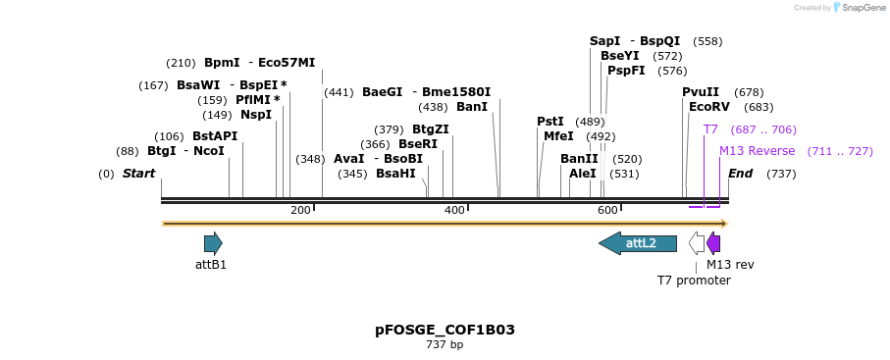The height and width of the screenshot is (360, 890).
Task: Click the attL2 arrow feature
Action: tap(639, 243)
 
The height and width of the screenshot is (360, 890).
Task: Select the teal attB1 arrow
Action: tap(213, 243)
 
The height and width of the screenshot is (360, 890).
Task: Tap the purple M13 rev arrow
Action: tap(714, 243)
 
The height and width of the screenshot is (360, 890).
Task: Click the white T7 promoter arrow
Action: tap(697, 243)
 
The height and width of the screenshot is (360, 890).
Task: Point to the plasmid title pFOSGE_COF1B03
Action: tap(445, 330)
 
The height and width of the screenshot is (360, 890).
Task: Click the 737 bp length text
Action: tap(445, 345)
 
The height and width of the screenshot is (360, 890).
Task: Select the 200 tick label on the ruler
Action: tap(300, 210)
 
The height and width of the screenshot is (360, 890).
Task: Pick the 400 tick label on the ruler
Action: tap(454, 210)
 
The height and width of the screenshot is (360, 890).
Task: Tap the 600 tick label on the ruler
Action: tap(607, 210)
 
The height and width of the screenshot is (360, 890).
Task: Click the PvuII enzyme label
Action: tap(701, 92)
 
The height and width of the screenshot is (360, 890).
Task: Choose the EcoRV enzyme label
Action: tap(709, 107)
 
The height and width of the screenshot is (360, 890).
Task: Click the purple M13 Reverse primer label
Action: tap(757, 151)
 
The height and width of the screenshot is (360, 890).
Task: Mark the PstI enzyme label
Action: tap(550, 122)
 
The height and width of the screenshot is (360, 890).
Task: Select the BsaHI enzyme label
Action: tap(395, 174)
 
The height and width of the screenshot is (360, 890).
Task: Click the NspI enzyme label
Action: tap(256, 115)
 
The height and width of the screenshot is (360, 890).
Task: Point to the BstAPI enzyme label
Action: tap(215, 136)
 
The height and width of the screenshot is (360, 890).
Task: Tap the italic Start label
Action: tap(138, 174)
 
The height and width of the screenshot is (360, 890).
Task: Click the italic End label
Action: tap(741, 174)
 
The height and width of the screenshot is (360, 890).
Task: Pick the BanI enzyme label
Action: tap(472, 107)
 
